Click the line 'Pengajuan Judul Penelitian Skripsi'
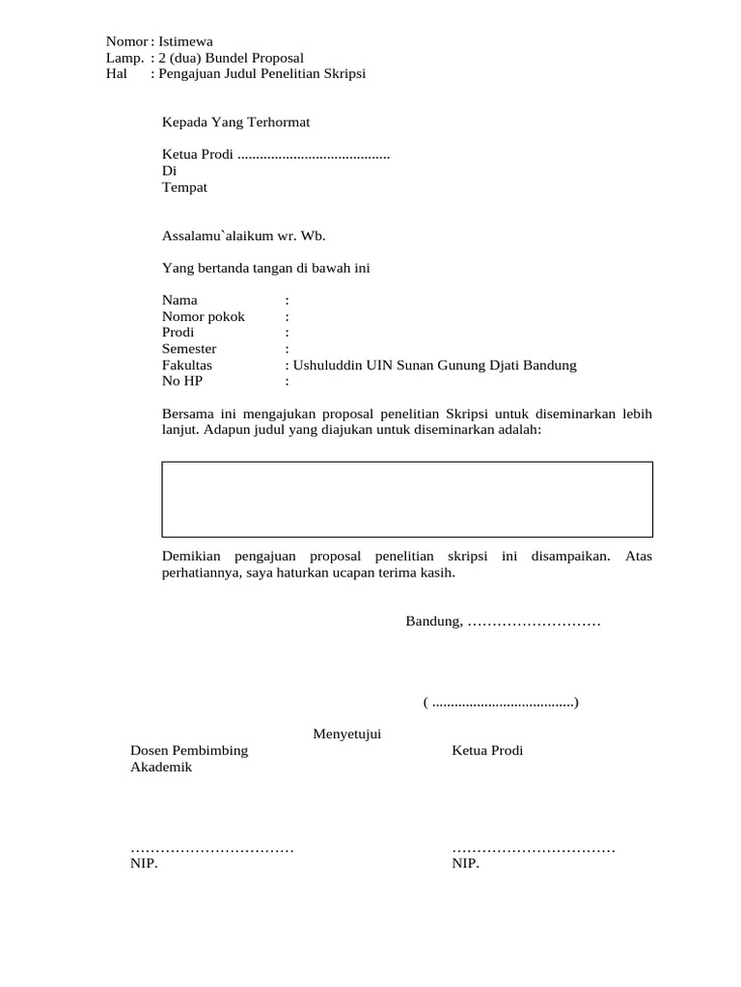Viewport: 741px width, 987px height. (261, 74)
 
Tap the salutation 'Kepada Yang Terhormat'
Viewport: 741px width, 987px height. (235, 122)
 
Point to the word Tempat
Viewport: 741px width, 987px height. (184, 188)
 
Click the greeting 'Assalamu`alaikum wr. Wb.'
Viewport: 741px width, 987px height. (236, 234)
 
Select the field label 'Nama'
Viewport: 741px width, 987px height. (179, 301)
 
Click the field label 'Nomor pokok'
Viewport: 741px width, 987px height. (204, 317)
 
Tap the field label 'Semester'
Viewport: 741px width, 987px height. (189, 349)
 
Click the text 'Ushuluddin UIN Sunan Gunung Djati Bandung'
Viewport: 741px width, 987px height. (434, 365)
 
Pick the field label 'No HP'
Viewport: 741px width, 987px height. (182, 382)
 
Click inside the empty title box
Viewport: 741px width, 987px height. (406, 499)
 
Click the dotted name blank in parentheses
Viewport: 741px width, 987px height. (502, 704)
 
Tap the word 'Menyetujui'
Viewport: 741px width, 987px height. (347, 735)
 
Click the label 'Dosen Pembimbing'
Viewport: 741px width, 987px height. (189, 751)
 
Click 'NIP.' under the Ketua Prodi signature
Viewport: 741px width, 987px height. (465, 864)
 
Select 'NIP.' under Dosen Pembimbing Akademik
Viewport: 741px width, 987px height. (144, 864)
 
